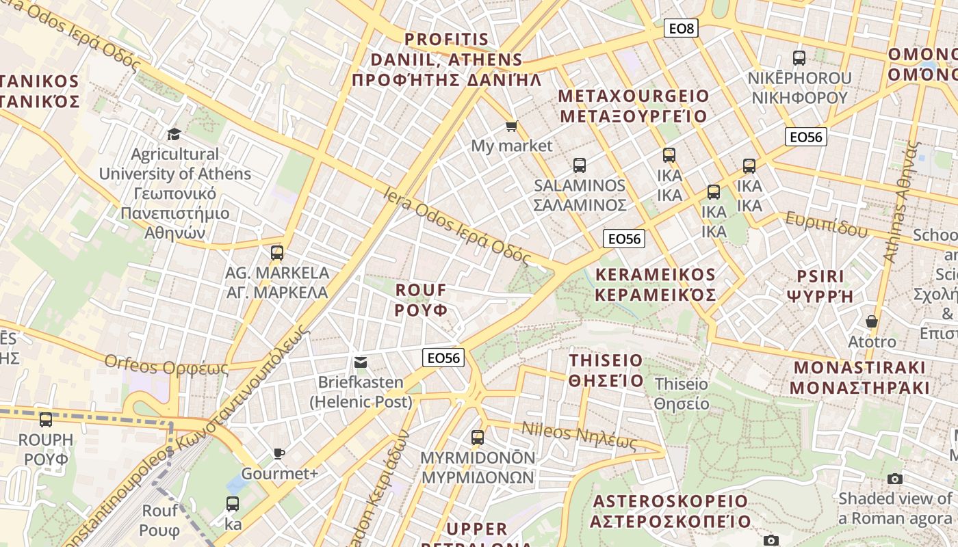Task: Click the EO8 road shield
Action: point(681,28)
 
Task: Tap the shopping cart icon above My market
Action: point(511,126)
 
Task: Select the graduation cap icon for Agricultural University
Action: point(174,134)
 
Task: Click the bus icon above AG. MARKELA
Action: point(277,253)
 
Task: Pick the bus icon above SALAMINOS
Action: point(580,165)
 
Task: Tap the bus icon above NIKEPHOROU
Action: point(799,58)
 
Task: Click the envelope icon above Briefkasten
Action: point(360,362)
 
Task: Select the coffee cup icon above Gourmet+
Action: point(279,453)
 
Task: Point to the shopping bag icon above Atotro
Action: point(872,321)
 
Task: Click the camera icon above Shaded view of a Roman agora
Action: point(895,479)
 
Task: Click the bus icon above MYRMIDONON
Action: point(478,437)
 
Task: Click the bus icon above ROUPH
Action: point(46,420)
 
